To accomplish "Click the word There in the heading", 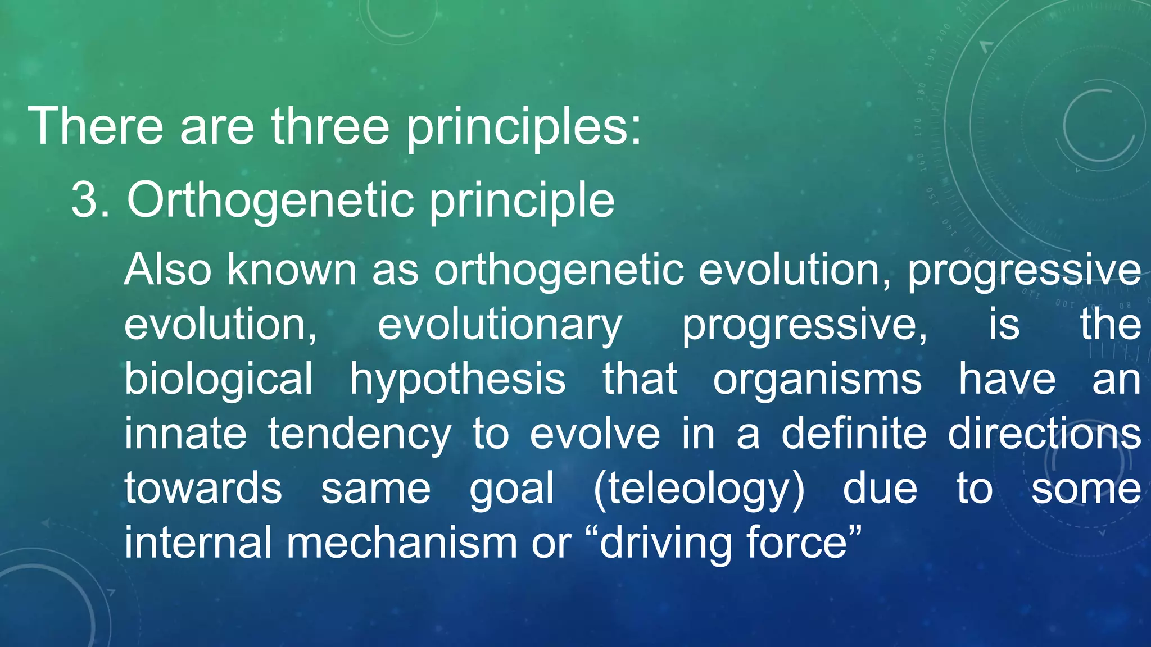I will [x=96, y=126].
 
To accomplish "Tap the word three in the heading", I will [x=330, y=126].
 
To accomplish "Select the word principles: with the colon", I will [x=523, y=126].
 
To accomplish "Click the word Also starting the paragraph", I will [x=167, y=270].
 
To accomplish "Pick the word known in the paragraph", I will [x=292, y=270].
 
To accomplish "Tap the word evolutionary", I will [x=500, y=325].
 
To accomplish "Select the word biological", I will [x=218, y=380].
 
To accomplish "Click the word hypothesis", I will [x=457, y=380].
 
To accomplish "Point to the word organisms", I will [x=817, y=380].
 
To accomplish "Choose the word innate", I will [x=185, y=434].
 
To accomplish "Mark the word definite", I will [x=854, y=434].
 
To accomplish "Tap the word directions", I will [x=1044, y=434].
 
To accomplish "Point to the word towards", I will [x=203, y=487].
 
